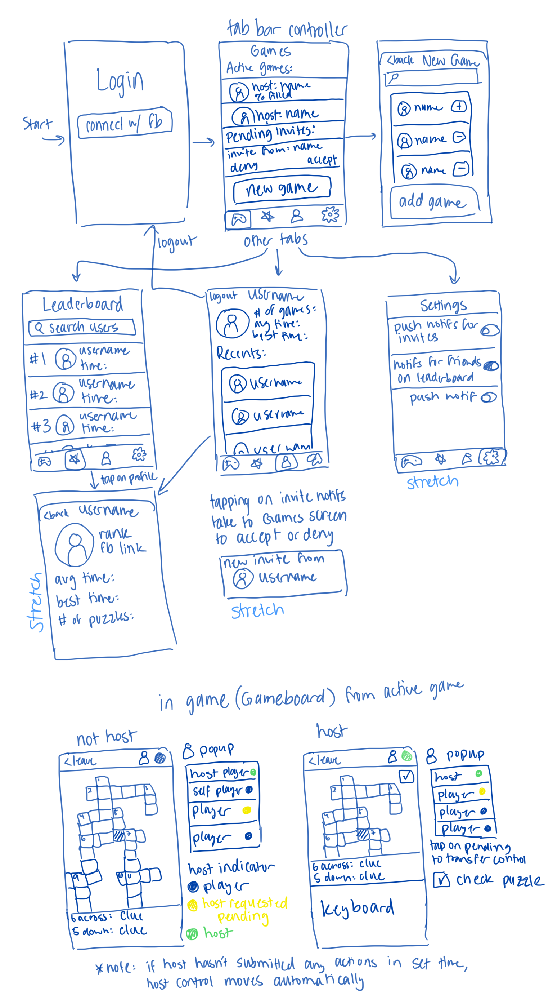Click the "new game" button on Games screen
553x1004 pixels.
click(x=282, y=190)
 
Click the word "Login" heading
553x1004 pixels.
click(x=120, y=81)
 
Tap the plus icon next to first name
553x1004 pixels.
click(x=459, y=106)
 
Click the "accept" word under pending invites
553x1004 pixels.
click(x=322, y=160)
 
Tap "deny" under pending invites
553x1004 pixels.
click(x=243, y=167)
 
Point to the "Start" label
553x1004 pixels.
click(x=37, y=124)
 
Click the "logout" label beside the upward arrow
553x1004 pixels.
click(x=176, y=243)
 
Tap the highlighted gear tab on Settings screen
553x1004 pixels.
click(x=491, y=457)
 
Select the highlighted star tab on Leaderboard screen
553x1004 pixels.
click(x=75, y=460)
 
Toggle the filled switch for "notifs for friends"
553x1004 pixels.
click(x=491, y=365)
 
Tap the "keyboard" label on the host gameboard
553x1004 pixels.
click(x=357, y=908)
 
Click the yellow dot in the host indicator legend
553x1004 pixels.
click(x=192, y=905)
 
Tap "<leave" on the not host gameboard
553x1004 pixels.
click(x=80, y=761)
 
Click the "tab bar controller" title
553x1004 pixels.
click(x=287, y=29)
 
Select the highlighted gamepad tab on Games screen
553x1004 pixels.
click(x=238, y=219)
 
